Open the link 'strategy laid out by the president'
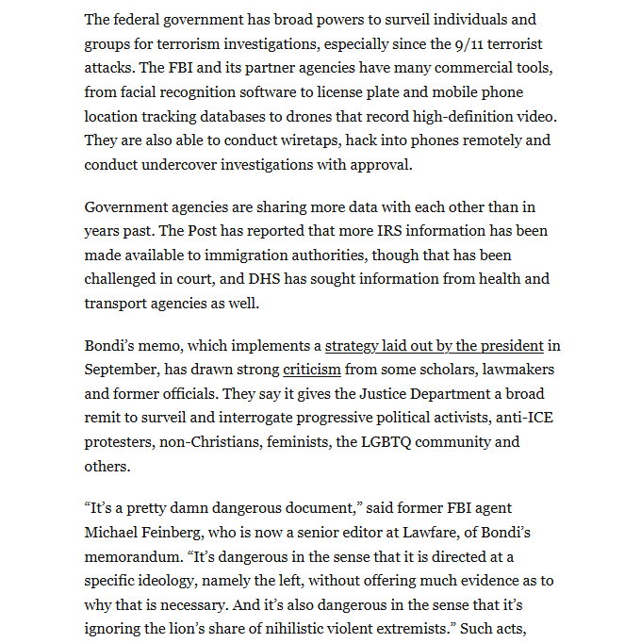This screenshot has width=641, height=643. point(435,345)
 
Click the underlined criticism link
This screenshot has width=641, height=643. point(311,370)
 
